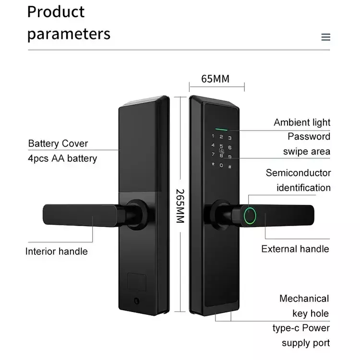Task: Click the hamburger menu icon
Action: point(325,37)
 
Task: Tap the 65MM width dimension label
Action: point(215,79)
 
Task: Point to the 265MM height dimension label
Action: point(180,206)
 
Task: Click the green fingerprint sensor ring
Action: point(250,216)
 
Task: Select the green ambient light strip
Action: point(221,129)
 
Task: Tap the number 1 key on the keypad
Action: point(213,136)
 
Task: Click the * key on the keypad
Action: point(213,164)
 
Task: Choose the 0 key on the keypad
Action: point(221,165)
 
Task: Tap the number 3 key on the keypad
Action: point(229,138)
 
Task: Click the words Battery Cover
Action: point(58,144)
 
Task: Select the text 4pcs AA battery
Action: point(62,158)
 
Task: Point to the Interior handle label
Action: point(57,252)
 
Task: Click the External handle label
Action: point(295,249)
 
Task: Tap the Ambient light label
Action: point(302,122)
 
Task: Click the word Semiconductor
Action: point(298,173)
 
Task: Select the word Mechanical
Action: point(304,299)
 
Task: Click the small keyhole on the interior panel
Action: point(137,301)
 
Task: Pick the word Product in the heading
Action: point(56,12)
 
